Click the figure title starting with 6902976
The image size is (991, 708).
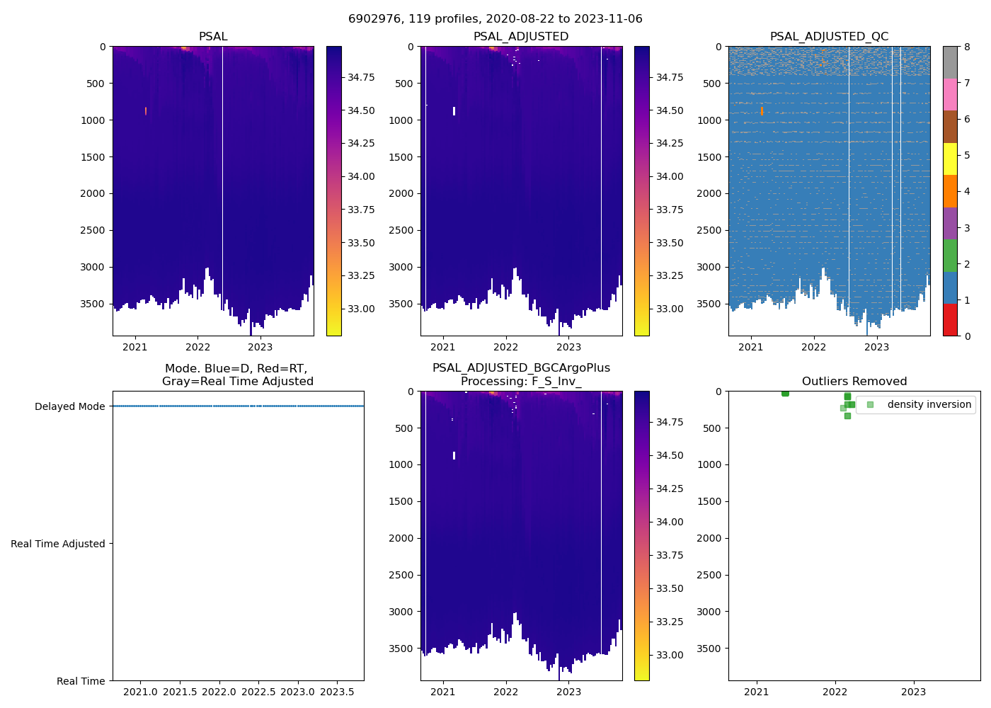[495, 19]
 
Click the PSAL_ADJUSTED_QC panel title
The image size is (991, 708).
[829, 37]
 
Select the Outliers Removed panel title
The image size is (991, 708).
[854, 382]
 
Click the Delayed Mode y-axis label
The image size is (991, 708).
[69, 406]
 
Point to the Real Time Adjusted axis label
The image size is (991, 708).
[58, 544]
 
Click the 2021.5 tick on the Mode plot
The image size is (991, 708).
[180, 692]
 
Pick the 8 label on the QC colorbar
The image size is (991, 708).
[967, 47]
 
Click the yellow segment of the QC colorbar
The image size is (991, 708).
[950, 159]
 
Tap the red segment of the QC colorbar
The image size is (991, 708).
[950, 320]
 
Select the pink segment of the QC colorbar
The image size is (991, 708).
[950, 94]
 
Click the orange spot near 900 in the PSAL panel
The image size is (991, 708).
[146, 111]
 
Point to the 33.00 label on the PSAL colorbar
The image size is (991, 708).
[361, 309]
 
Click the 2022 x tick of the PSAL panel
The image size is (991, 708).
[197, 347]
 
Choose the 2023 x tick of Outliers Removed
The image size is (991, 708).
[913, 692]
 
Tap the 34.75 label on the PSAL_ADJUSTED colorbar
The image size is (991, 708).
[670, 77]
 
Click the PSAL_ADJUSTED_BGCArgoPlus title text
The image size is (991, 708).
[521, 368]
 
